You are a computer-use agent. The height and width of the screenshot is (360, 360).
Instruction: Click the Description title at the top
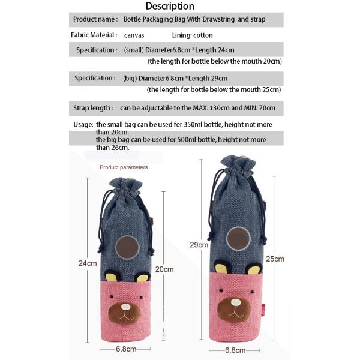(170, 6)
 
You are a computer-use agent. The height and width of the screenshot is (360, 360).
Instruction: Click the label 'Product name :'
(95, 20)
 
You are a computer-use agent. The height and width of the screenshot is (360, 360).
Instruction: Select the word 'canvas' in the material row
(134, 35)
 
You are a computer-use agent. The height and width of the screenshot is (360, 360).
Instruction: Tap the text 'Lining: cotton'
(192, 35)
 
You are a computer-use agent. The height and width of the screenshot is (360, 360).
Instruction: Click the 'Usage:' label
(83, 124)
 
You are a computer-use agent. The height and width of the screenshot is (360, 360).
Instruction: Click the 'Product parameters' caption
(124, 167)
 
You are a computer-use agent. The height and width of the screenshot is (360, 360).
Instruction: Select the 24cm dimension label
(87, 263)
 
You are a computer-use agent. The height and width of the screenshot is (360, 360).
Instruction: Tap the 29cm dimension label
(199, 245)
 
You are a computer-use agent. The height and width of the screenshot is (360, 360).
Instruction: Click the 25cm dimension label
(275, 259)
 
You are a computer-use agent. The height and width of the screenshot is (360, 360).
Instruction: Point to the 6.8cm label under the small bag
(126, 349)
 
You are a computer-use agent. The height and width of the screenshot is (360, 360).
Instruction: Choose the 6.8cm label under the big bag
(235, 350)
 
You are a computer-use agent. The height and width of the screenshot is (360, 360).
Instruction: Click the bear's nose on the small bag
(125, 307)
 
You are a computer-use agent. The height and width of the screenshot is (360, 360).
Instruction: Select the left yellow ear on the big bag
(221, 268)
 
